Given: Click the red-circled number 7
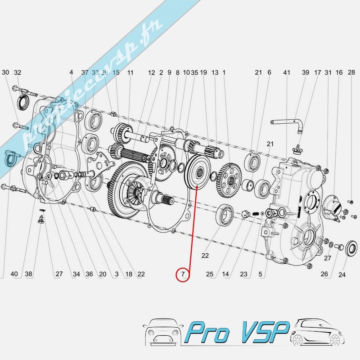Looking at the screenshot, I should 183,274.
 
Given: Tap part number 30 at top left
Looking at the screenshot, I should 5,72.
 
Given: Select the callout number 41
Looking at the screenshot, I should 286,72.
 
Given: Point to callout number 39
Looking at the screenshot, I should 306,72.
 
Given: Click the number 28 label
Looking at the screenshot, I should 351,72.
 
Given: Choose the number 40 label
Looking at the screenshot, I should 14,274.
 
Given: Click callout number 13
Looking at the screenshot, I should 215,72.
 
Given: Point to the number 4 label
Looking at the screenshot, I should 71,72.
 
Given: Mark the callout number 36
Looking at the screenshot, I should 89,274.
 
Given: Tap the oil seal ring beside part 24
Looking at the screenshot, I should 351,247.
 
